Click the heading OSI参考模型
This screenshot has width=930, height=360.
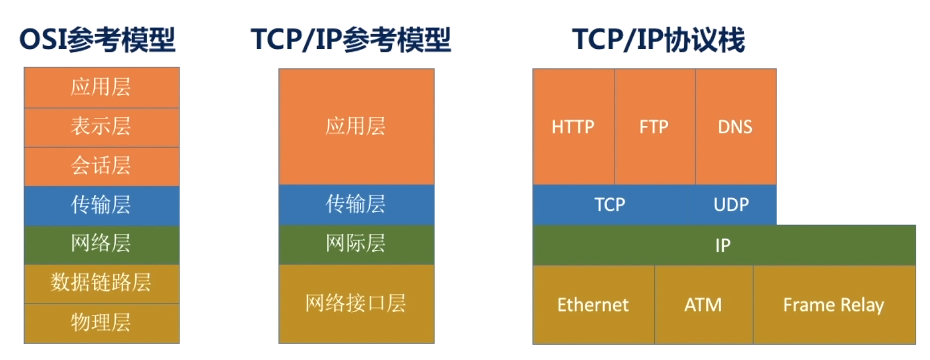pyautogui.click(x=97, y=40)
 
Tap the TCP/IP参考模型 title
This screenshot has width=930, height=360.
pyautogui.click(x=351, y=40)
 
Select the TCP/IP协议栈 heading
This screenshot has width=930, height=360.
pyautogui.click(x=658, y=40)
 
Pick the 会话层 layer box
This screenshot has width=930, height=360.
pyautogui.click(x=102, y=166)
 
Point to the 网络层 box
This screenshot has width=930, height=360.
pyautogui.click(x=102, y=245)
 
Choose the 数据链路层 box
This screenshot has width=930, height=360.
pyautogui.click(x=102, y=284)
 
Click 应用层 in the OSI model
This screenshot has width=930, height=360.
pyautogui.click(x=102, y=88)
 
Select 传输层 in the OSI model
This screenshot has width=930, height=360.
pyautogui.click(x=102, y=206)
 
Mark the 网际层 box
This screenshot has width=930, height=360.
pyautogui.click(x=357, y=245)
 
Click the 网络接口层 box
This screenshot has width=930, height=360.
pyautogui.click(x=357, y=304)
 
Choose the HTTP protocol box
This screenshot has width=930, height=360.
pyautogui.click(x=574, y=126)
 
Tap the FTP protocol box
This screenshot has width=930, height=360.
pyautogui.click(x=655, y=126)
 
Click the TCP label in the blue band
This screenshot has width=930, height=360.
pyautogui.click(x=610, y=204)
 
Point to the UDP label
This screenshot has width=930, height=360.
pyautogui.click(x=731, y=204)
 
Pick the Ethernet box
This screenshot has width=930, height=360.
pyautogui.click(x=593, y=305)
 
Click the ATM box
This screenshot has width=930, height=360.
pyautogui.click(x=704, y=305)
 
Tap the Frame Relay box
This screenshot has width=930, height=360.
pyautogui.click(x=834, y=305)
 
